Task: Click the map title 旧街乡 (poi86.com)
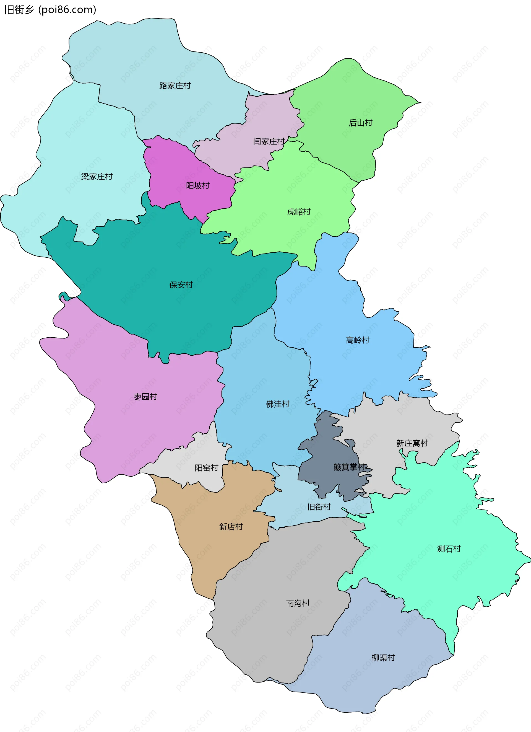[x=50, y=10]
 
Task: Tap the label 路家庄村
[x=175, y=86]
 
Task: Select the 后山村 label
[x=360, y=123]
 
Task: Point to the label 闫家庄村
[x=269, y=141]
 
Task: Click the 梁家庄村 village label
[x=97, y=177]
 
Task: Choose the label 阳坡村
[x=197, y=186]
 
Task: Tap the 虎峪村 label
[x=299, y=212]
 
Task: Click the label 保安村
[x=181, y=285]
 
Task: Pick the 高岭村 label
[x=357, y=340]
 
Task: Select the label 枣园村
[x=145, y=397]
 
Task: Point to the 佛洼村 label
[x=277, y=404]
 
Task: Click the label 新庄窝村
[x=412, y=443]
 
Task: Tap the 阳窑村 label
[x=207, y=468]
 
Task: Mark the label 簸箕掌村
[x=349, y=467]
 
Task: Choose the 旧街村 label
[x=319, y=507]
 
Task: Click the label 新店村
[x=231, y=527]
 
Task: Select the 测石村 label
[x=449, y=549]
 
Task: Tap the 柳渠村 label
[x=383, y=658]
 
